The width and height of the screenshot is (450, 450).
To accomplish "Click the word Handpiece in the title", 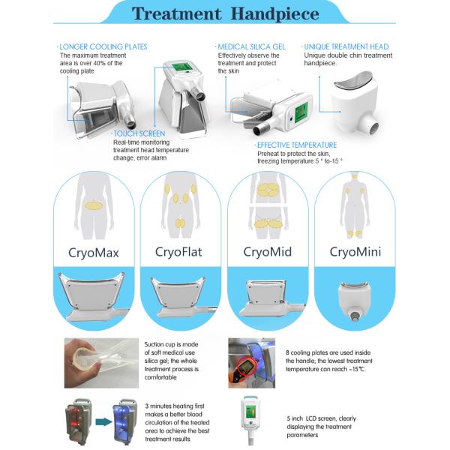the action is click(274, 14).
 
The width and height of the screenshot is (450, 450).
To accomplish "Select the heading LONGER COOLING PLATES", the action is click(103, 46).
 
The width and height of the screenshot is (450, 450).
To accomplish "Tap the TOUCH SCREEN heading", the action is click(139, 133).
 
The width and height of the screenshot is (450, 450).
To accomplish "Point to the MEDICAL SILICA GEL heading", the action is click(251, 46).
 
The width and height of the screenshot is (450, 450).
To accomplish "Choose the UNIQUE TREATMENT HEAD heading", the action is click(346, 46).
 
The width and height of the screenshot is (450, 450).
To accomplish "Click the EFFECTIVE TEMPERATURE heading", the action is click(297, 145).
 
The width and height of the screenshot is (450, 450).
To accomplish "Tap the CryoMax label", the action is click(94, 253).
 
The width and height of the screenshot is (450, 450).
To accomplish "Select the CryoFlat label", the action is click(178, 252).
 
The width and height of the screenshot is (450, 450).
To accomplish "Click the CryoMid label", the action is click(268, 252).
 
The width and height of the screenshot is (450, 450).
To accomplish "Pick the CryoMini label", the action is click(355, 252).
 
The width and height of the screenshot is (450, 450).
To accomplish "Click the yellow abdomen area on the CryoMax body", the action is click(93, 205).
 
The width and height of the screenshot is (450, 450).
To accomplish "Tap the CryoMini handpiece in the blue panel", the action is click(355, 301).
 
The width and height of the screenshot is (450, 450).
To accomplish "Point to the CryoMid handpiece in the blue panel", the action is click(271, 298).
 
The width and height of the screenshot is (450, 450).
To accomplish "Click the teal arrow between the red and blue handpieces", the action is click(103, 421).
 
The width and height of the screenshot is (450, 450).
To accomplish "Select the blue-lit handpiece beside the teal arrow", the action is click(124, 421).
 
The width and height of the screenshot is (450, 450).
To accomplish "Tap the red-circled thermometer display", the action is click(245, 366).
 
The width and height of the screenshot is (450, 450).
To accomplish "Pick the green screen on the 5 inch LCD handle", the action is click(250, 412).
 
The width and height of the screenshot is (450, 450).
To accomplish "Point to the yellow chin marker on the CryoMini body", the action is click(355, 175).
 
